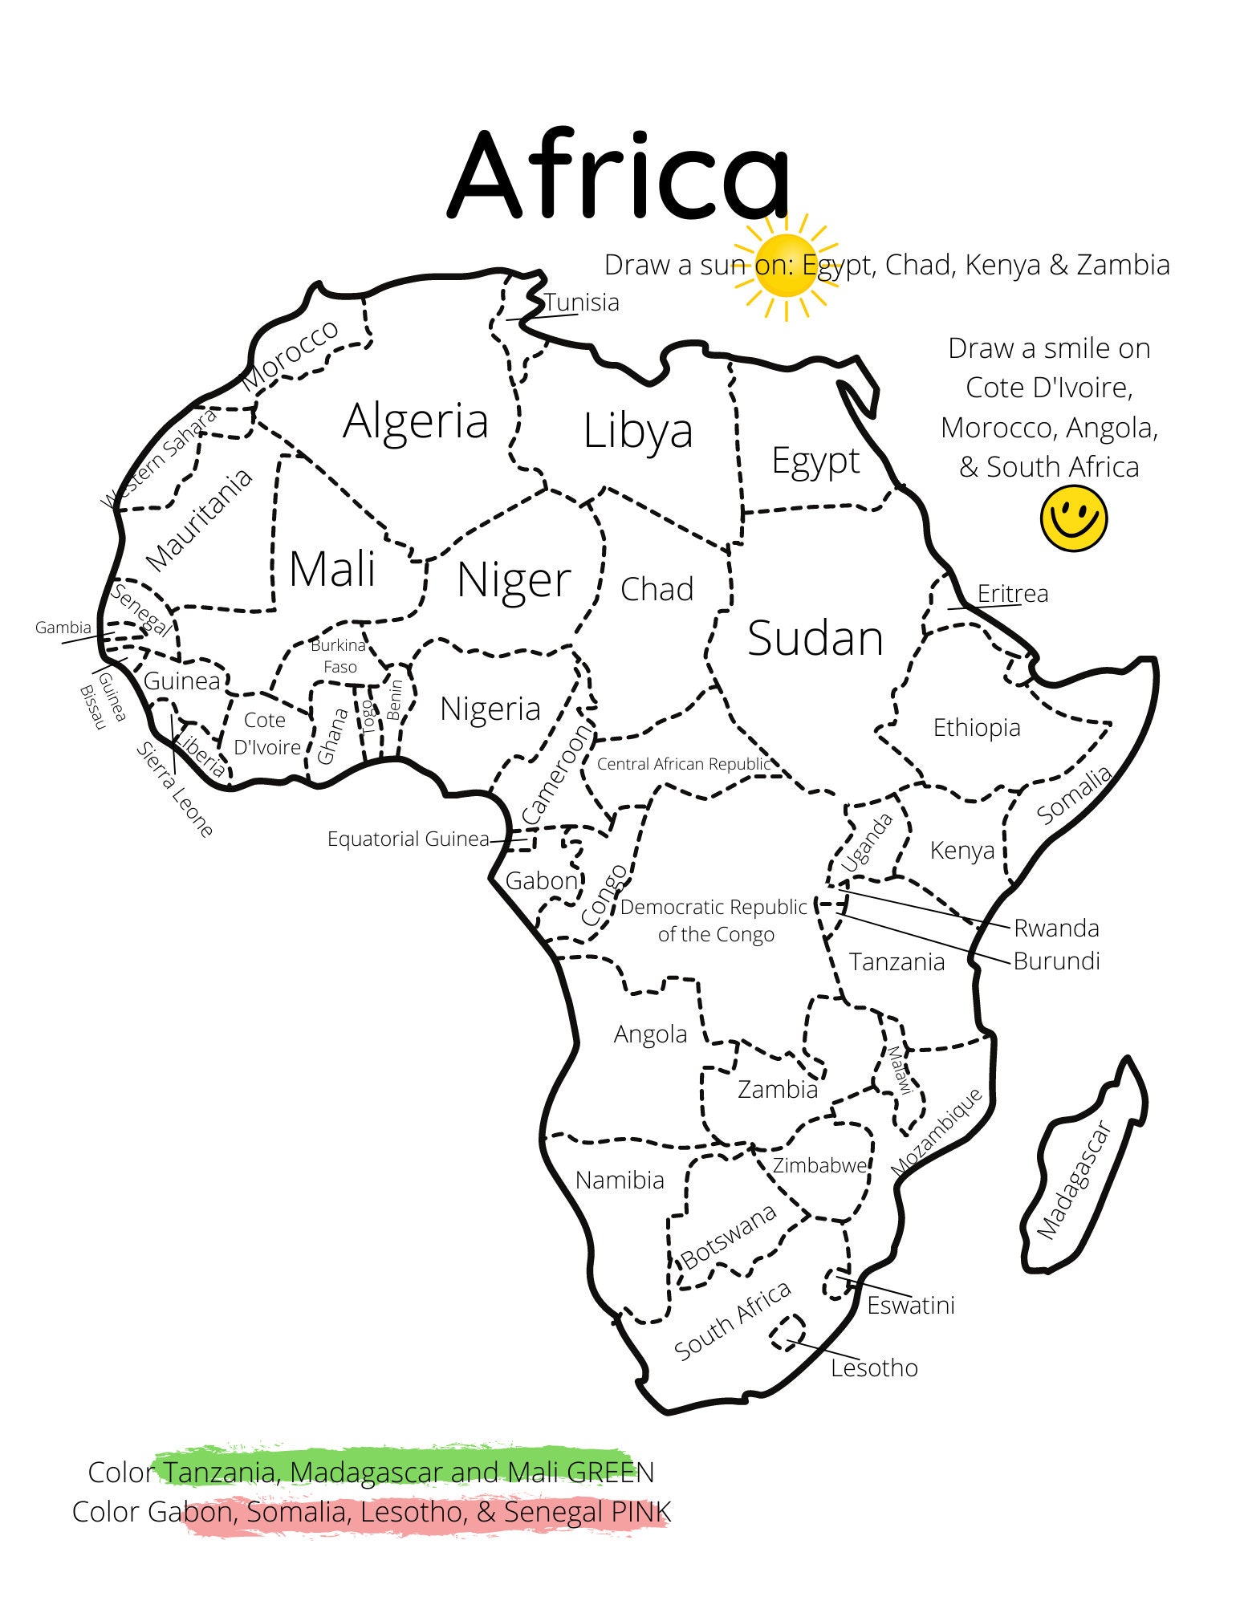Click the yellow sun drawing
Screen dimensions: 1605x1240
(x=787, y=266)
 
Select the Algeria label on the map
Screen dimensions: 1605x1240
(x=415, y=421)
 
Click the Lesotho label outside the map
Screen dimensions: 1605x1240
(x=873, y=1367)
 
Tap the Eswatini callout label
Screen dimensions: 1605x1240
(x=910, y=1305)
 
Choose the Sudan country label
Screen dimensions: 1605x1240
(x=815, y=638)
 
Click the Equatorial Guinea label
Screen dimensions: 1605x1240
(x=408, y=839)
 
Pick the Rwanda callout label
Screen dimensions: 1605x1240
(x=1055, y=928)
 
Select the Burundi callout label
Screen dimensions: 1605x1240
(x=1055, y=961)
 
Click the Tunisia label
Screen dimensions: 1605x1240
(x=582, y=303)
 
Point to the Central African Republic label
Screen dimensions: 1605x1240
(x=683, y=764)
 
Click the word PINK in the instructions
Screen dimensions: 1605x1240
(x=640, y=1512)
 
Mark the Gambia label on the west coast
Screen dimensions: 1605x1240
(x=63, y=628)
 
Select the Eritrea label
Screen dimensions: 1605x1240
(x=1012, y=593)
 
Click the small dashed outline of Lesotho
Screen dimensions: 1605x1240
(x=787, y=1332)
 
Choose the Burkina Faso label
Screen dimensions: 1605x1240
(x=339, y=656)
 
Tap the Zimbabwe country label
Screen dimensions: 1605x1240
(x=819, y=1165)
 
